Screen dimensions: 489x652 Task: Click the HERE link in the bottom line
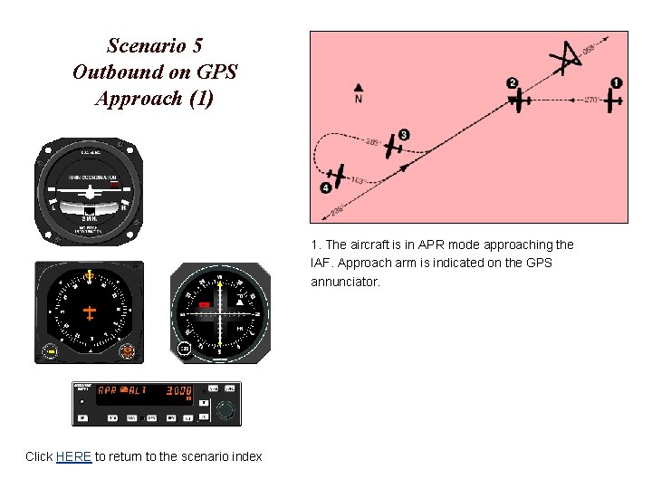point(73,456)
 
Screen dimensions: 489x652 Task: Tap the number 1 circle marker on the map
point(617,83)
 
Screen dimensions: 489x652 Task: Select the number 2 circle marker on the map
point(513,83)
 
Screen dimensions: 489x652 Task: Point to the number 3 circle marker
point(404,135)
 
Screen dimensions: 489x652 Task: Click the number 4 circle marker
point(325,188)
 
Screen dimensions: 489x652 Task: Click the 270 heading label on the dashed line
point(590,100)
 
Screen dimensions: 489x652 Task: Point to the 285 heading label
point(372,141)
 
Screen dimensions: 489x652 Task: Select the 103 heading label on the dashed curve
point(358,181)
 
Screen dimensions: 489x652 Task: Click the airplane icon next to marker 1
point(614,100)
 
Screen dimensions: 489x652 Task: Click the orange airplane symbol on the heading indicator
point(90,312)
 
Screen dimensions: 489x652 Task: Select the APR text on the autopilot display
point(107,390)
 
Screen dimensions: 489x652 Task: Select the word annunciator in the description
point(345,282)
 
